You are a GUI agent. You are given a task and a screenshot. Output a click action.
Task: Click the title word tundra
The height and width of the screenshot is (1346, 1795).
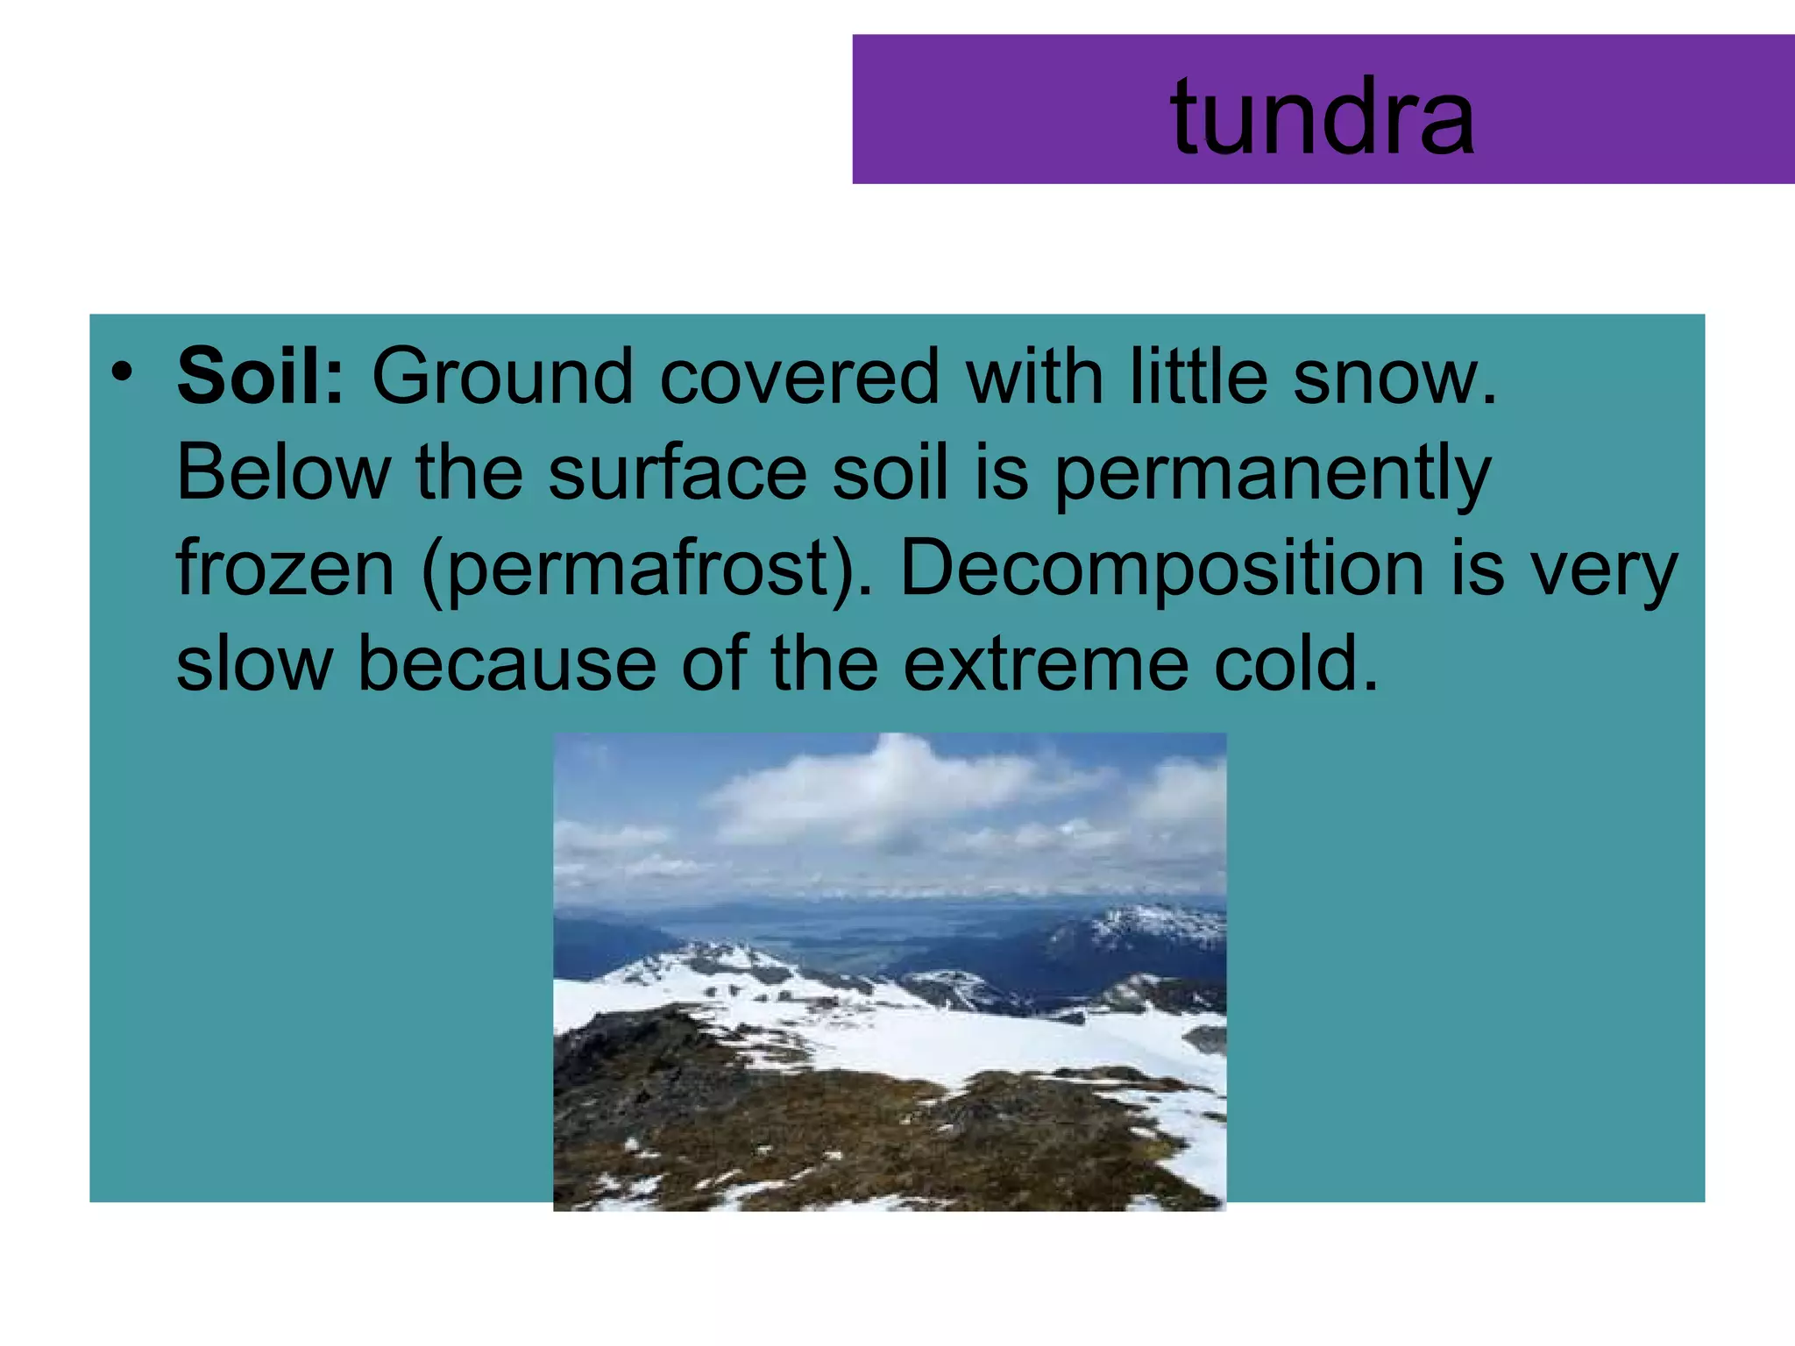pos(1322,117)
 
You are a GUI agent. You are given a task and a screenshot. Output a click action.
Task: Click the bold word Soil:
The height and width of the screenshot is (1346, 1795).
pos(261,377)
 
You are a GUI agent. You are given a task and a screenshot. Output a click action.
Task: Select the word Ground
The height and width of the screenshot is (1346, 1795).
pos(502,377)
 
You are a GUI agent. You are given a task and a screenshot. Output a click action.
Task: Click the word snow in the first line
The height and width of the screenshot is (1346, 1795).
pos(1394,377)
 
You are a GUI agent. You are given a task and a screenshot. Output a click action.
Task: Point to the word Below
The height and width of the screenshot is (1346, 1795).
pos(282,473)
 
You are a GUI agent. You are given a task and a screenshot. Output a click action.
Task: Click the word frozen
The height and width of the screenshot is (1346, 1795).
pos(286,570)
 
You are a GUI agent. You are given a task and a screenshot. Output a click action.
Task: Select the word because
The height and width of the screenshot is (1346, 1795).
pos(507,664)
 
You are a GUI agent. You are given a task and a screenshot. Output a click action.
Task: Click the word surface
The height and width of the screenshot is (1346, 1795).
pos(677,473)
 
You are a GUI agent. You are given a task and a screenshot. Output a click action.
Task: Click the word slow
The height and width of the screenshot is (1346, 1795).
pos(254,664)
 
